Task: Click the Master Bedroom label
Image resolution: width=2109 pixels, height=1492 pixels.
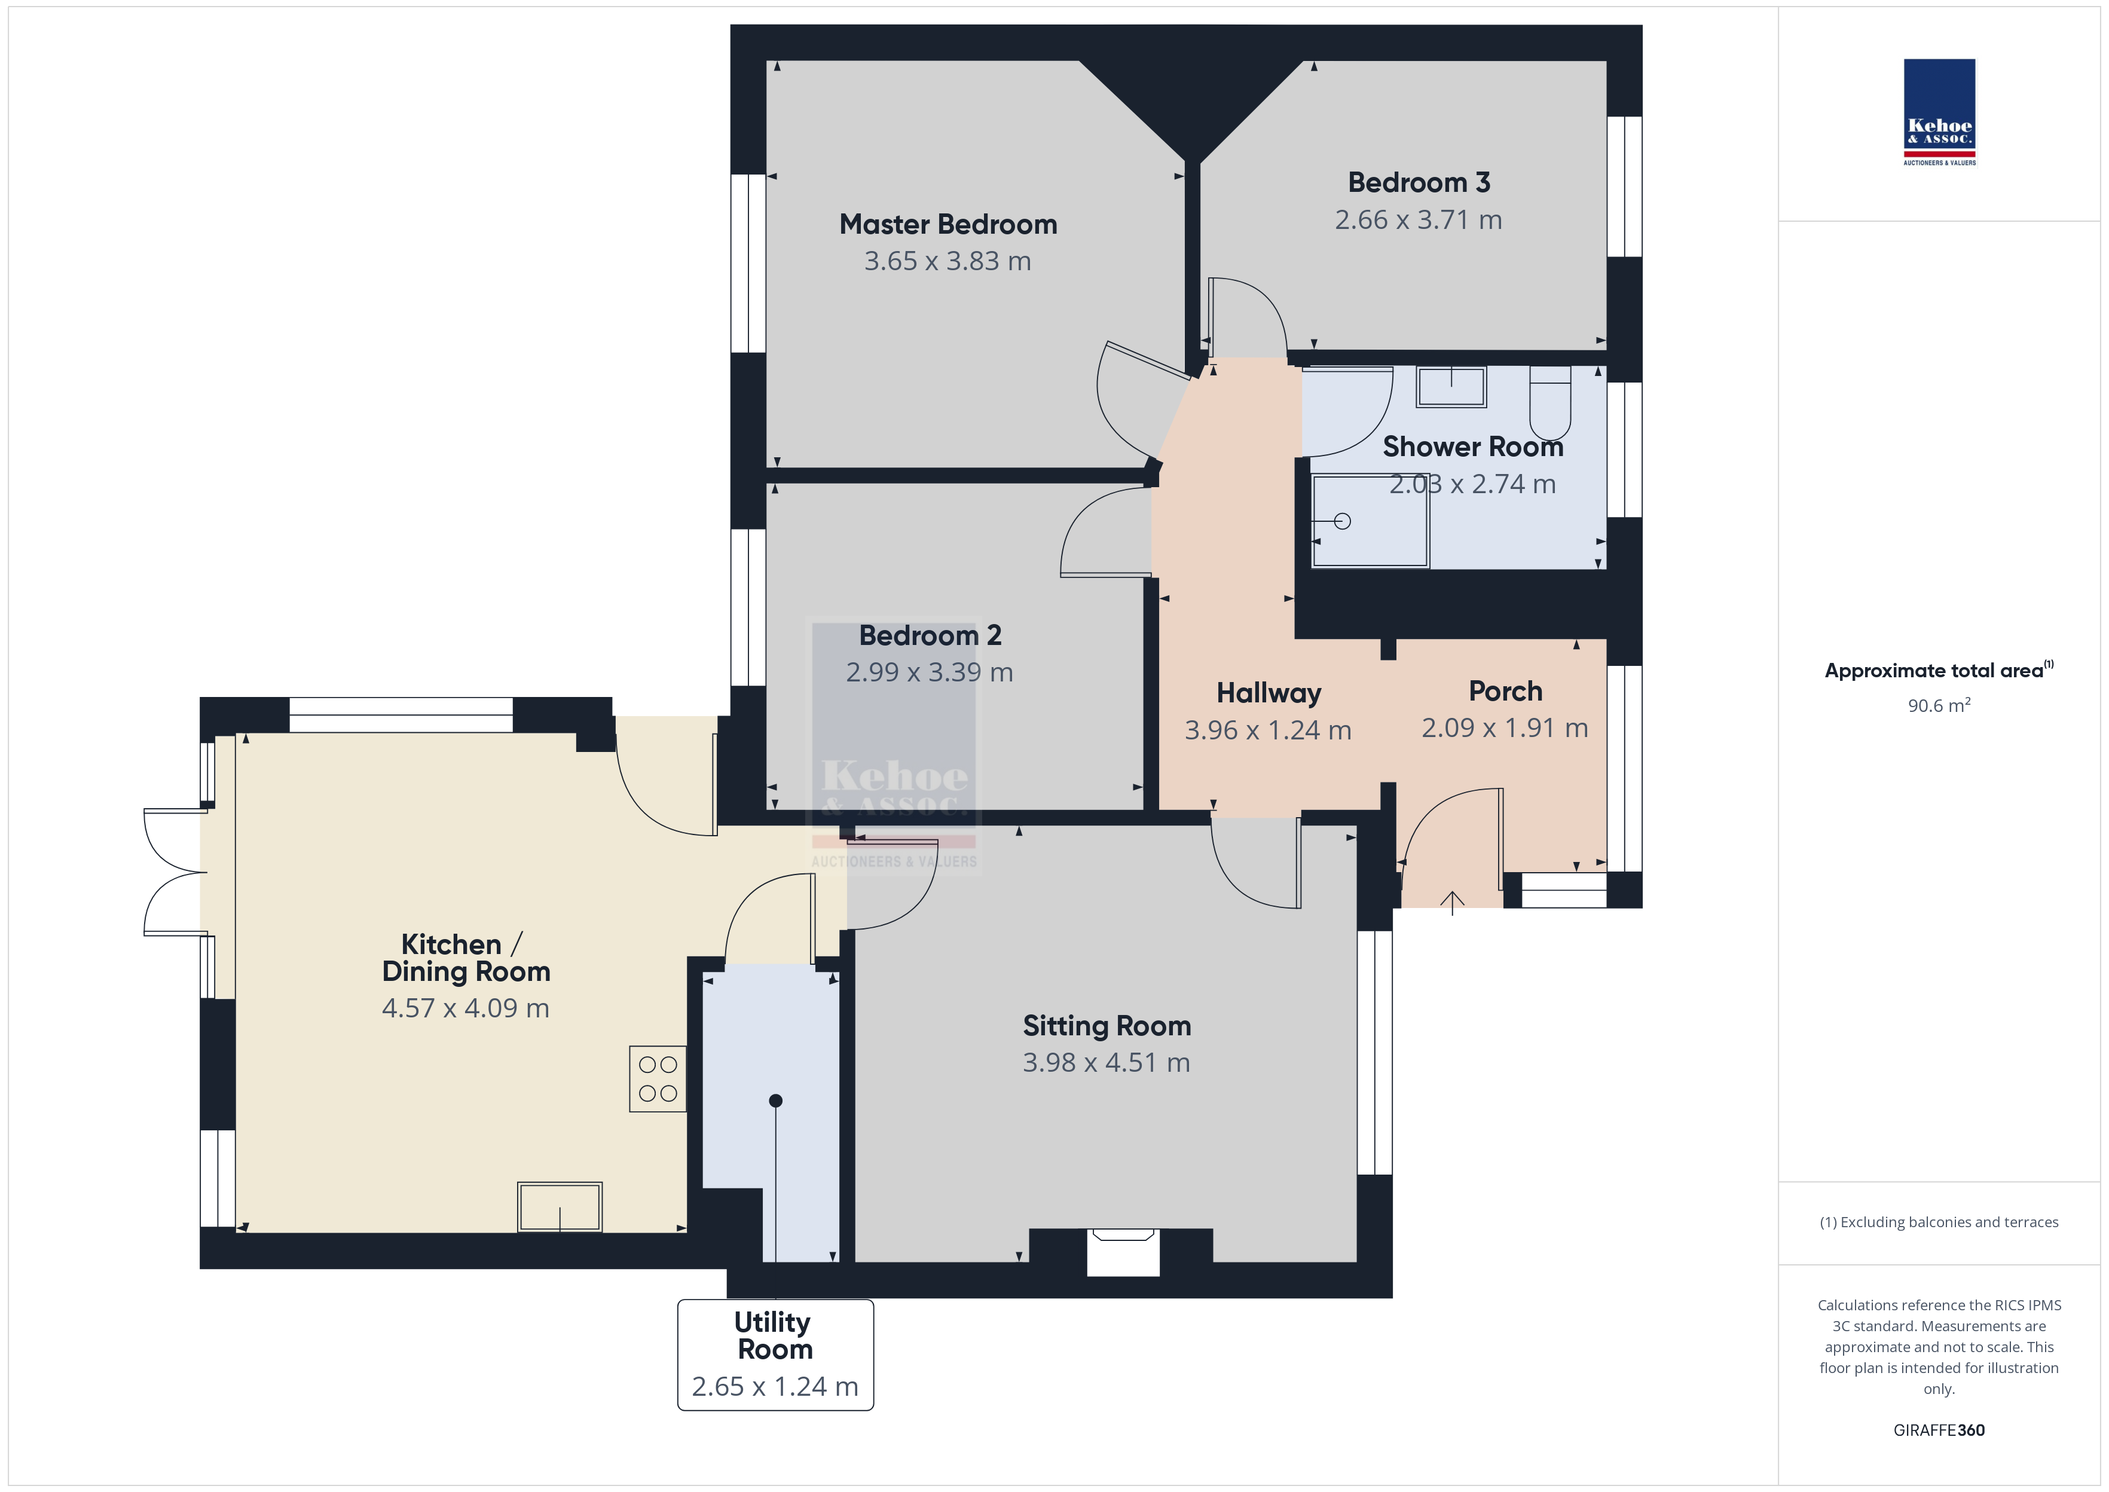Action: [x=948, y=224]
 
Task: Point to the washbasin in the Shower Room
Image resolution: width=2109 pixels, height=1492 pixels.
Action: [x=1451, y=387]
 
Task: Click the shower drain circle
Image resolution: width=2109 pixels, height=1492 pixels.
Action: [x=1342, y=522]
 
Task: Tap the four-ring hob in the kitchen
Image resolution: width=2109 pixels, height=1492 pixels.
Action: [x=658, y=1078]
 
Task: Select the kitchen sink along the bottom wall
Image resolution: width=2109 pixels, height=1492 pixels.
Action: [x=560, y=1206]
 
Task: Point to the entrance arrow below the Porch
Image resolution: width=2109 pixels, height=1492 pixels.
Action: [x=1452, y=903]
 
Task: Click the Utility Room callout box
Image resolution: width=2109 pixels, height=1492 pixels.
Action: [x=775, y=1354]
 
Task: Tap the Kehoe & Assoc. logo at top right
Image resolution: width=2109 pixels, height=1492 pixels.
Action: [x=1939, y=112]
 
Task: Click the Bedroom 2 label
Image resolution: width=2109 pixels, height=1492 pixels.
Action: [x=930, y=636]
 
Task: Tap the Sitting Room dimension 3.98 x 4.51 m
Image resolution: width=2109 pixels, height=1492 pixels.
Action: [x=1106, y=1063]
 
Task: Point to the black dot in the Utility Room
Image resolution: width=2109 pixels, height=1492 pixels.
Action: [x=775, y=1100]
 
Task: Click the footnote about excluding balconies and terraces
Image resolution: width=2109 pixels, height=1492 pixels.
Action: [x=1939, y=1222]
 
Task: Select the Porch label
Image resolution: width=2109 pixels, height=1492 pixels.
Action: [x=1505, y=691]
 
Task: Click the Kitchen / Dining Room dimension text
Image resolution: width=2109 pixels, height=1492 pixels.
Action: [x=466, y=1009]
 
